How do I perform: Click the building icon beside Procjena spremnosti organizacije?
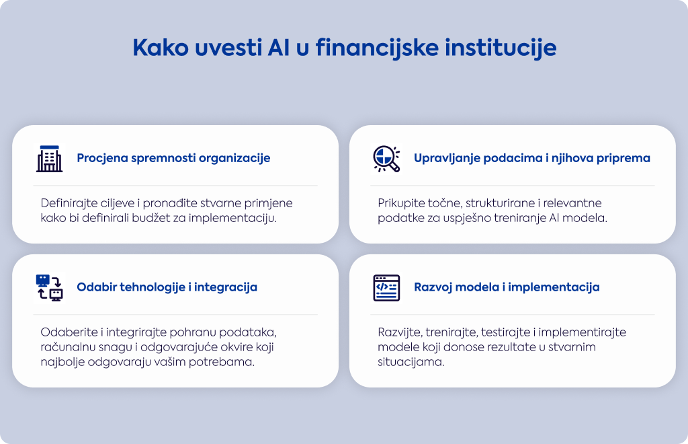coord(49,158)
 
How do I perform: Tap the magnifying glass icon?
coord(386,158)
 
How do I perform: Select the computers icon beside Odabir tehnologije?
coord(50,288)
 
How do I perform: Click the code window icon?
coord(386,288)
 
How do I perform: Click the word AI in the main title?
coord(279,48)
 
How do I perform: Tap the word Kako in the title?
coord(161,48)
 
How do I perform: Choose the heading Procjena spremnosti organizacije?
coord(173,158)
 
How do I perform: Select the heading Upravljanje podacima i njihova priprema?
coord(532,158)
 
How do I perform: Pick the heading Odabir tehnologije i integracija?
coord(167,287)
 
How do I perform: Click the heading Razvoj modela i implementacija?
coord(507,287)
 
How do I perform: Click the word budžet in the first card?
coord(149,218)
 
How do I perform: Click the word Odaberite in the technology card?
coord(69,332)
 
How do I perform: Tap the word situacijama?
coord(411,363)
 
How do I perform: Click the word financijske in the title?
coord(376,48)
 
